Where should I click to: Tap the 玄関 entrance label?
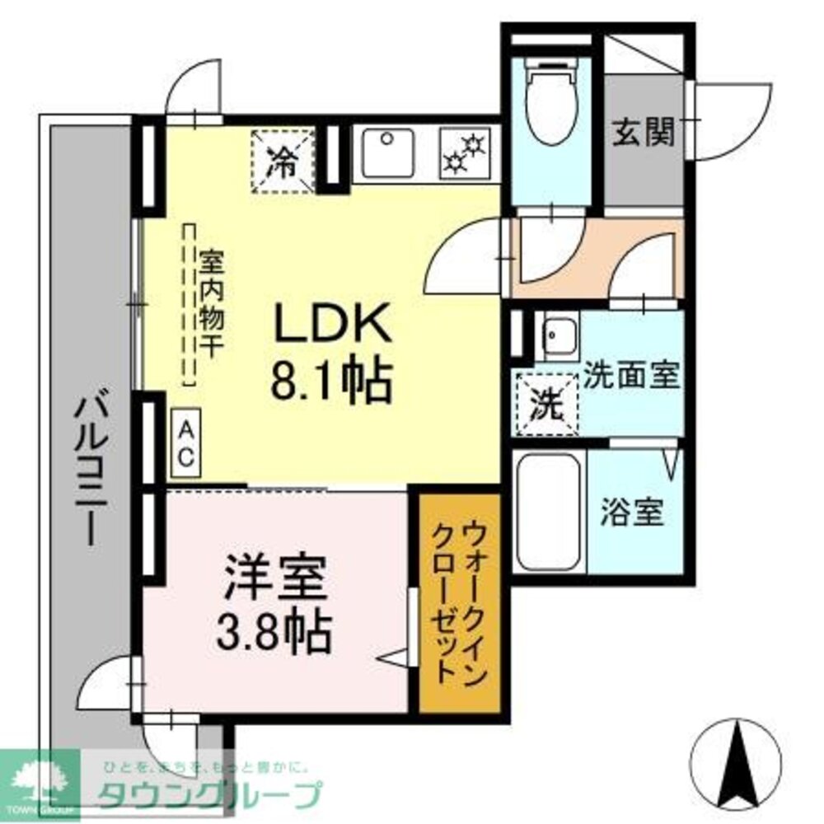[x=644, y=131]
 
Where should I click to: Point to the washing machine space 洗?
[x=545, y=401]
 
